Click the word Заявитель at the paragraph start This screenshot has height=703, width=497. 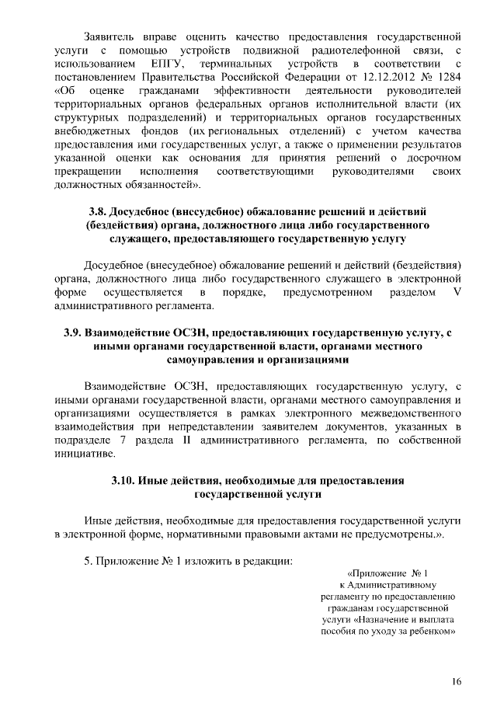tap(113, 37)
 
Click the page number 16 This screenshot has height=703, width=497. tap(457, 681)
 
